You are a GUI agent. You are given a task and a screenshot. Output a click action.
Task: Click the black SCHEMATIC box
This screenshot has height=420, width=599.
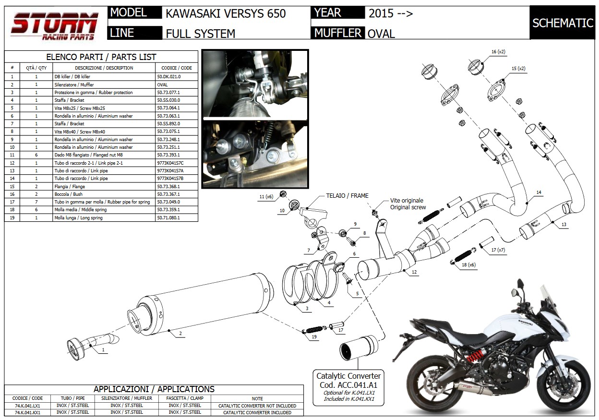[563, 23]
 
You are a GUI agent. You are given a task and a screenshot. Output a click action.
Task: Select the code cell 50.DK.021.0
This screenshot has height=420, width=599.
[169, 77]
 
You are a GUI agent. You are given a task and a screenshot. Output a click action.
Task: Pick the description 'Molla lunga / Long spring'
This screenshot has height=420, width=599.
[78, 218]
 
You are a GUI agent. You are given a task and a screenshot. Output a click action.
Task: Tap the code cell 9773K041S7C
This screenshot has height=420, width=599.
[170, 163]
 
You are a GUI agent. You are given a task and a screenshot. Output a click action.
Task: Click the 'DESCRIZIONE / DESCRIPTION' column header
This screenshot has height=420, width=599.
[104, 68]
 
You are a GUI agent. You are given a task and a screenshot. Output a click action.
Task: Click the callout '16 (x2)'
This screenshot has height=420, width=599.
[498, 51]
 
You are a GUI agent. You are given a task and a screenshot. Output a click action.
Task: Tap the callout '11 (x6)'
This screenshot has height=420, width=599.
[265, 197]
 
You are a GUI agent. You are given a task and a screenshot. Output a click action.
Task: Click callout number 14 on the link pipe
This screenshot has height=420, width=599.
[539, 192]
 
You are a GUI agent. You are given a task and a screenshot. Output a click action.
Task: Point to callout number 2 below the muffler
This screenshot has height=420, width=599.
[180, 333]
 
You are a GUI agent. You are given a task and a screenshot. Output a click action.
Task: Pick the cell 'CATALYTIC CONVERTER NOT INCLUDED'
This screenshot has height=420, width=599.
[257, 406]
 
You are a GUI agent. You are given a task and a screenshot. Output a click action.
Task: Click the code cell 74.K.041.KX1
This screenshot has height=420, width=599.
[27, 412]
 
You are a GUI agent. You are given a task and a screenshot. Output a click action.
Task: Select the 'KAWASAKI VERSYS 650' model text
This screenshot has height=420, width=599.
[226, 13]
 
